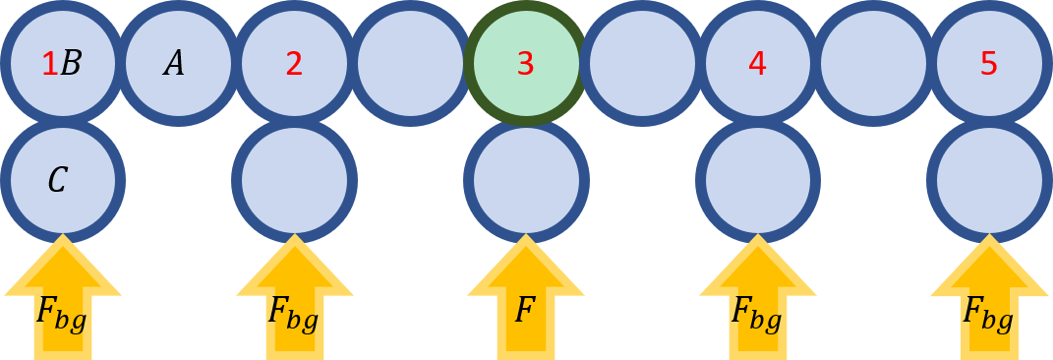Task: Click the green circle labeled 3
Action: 526,64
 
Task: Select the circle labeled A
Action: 178,64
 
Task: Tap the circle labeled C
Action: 62,180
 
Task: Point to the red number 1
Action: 49,64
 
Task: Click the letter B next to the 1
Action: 71,64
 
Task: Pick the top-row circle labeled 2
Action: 294,64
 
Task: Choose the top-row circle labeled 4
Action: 757,64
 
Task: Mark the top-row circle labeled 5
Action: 989,64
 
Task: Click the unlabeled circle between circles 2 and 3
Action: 410,64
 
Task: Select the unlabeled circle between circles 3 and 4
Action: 642,64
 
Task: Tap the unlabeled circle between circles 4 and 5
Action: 873,64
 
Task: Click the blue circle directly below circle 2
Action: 294,180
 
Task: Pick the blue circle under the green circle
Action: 526,180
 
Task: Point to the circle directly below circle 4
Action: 757,180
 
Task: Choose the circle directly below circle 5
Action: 989,180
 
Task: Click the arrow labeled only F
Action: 526,305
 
